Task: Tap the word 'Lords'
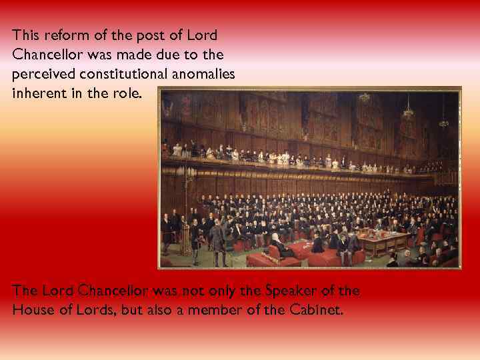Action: tap(89, 310)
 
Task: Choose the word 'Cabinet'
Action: tap(316, 310)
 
